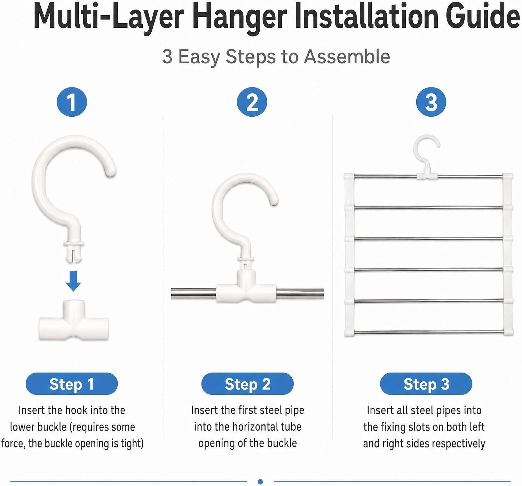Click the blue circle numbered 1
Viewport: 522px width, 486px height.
click(x=72, y=102)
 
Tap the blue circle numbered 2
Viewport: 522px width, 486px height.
click(x=252, y=102)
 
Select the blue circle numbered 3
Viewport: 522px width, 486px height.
click(x=431, y=102)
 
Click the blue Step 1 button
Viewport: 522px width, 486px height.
click(x=71, y=384)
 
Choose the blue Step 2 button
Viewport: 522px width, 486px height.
click(x=247, y=384)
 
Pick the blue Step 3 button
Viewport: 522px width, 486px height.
click(x=426, y=384)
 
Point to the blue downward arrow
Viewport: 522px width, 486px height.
click(x=73, y=281)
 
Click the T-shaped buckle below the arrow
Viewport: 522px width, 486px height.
click(x=73, y=320)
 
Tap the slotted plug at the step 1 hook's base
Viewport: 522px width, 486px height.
click(x=74, y=252)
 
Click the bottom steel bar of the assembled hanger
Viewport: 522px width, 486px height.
click(x=429, y=332)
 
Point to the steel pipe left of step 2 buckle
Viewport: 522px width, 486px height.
click(x=194, y=293)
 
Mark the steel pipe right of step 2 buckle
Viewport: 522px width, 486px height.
click(x=300, y=293)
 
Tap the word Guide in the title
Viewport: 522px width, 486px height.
click(x=483, y=17)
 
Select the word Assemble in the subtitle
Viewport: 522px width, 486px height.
click(x=347, y=56)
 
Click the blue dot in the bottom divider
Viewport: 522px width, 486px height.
click(x=260, y=481)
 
